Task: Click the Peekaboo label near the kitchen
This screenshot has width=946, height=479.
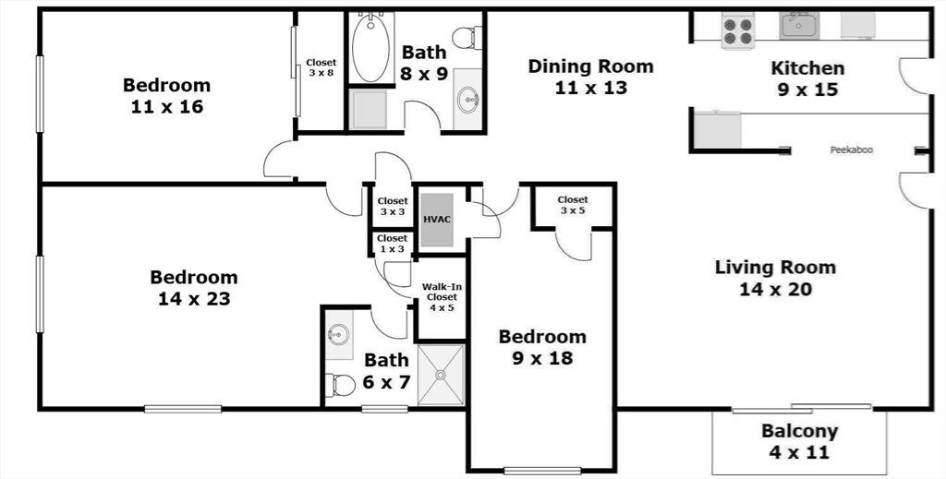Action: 851,150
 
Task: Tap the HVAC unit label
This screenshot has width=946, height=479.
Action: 436,219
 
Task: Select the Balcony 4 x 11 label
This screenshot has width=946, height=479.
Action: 799,442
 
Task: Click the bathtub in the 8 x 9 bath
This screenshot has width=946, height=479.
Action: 371,47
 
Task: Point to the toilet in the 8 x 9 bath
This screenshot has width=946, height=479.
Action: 467,38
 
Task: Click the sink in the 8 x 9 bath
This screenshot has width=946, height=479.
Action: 468,101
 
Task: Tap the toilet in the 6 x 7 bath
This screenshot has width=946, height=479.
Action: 340,386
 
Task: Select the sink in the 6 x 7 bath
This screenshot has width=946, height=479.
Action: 338,334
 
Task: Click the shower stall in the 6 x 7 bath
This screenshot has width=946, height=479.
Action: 441,375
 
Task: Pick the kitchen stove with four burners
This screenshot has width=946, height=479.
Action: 737,30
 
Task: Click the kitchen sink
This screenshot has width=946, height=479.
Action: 798,26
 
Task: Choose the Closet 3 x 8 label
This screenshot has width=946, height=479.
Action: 321,67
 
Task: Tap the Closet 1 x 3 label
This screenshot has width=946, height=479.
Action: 392,244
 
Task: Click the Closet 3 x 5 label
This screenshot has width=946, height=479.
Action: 573,205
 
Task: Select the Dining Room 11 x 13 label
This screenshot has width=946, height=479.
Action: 590,77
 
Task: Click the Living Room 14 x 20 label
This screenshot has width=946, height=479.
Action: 776,278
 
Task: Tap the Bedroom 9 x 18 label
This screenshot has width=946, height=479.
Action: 542,347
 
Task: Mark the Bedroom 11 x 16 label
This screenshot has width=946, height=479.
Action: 166,96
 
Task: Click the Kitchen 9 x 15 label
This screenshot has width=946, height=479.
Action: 807,78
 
